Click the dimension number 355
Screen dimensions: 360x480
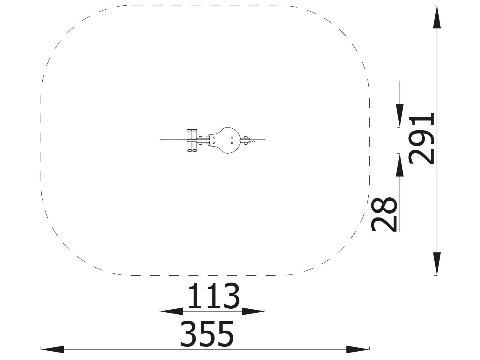pos(207,334)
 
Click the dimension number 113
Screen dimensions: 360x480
pos(214,296)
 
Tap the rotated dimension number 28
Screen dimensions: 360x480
pos(384,214)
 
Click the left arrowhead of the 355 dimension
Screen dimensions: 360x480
pos(53,349)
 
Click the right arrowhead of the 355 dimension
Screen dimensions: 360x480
pos(358,349)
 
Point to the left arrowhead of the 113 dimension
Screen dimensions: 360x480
pos(172,311)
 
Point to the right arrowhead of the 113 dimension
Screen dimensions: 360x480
pos(253,311)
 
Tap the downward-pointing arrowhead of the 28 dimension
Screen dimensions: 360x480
pos(400,115)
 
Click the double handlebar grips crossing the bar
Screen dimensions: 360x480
pos(192,140)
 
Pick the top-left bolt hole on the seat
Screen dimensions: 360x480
pos(214,138)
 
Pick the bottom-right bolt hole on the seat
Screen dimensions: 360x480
pos(232,143)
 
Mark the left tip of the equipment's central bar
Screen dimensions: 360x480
pos(161,140)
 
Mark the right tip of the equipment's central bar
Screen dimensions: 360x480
pos(265,140)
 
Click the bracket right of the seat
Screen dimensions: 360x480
pos(245,140)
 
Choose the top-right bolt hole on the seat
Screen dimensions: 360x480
pos(232,138)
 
